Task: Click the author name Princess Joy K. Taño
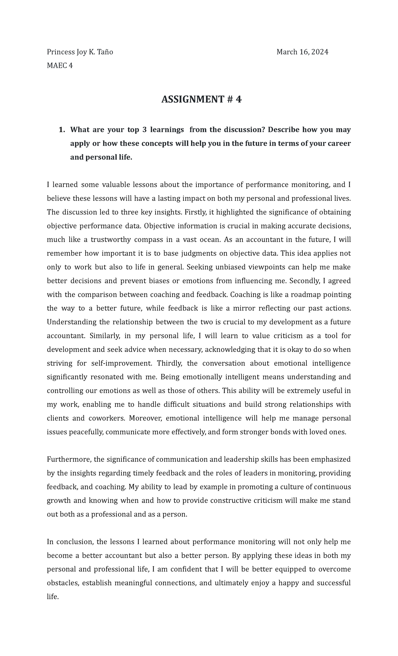[80, 52]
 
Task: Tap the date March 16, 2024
[302, 52]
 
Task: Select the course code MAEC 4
[60, 65]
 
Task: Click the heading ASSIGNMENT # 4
[201, 99]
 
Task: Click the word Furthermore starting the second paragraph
[69, 459]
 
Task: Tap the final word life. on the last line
[53, 597]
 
